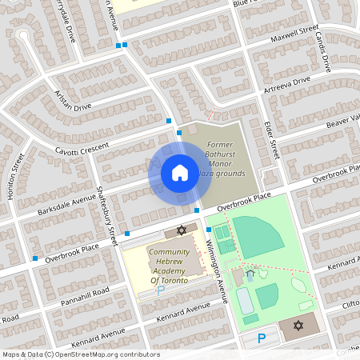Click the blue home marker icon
point(180,172)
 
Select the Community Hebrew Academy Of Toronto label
point(169,266)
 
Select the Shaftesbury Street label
point(106,216)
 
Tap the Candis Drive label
point(325,51)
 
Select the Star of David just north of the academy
point(181,230)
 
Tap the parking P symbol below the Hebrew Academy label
point(160,290)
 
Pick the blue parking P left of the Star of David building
point(261,339)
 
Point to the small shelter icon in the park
point(250,274)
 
